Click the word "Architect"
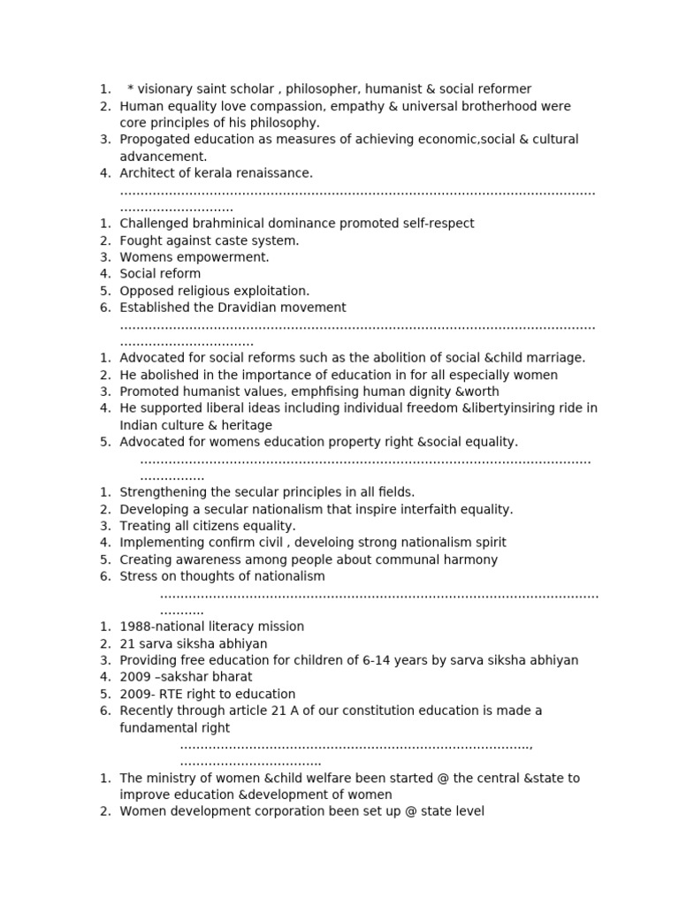point(148,173)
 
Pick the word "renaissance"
point(276,173)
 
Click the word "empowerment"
point(223,257)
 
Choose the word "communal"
point(414,559)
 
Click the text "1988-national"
point(162,627)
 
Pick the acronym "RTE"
point(172,694)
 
